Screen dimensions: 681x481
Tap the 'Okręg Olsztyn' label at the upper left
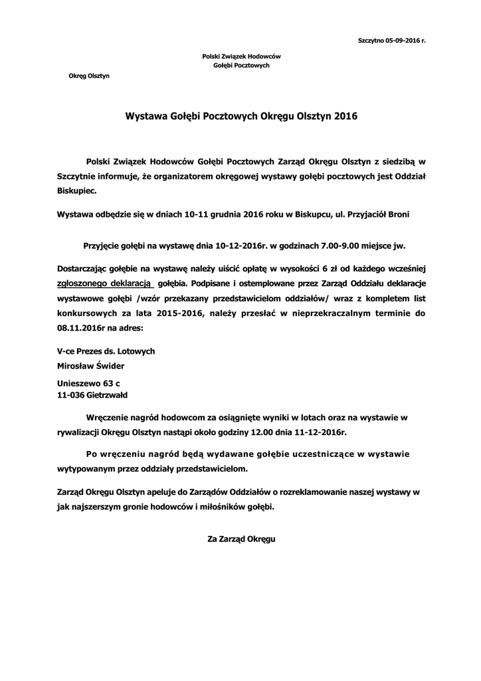click(89, 76)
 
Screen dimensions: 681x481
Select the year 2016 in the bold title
click(345, 116)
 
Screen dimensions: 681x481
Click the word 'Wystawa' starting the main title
click(146, 116)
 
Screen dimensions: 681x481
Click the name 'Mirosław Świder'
click(91, 365)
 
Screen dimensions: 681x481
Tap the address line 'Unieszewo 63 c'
click(88, 384)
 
